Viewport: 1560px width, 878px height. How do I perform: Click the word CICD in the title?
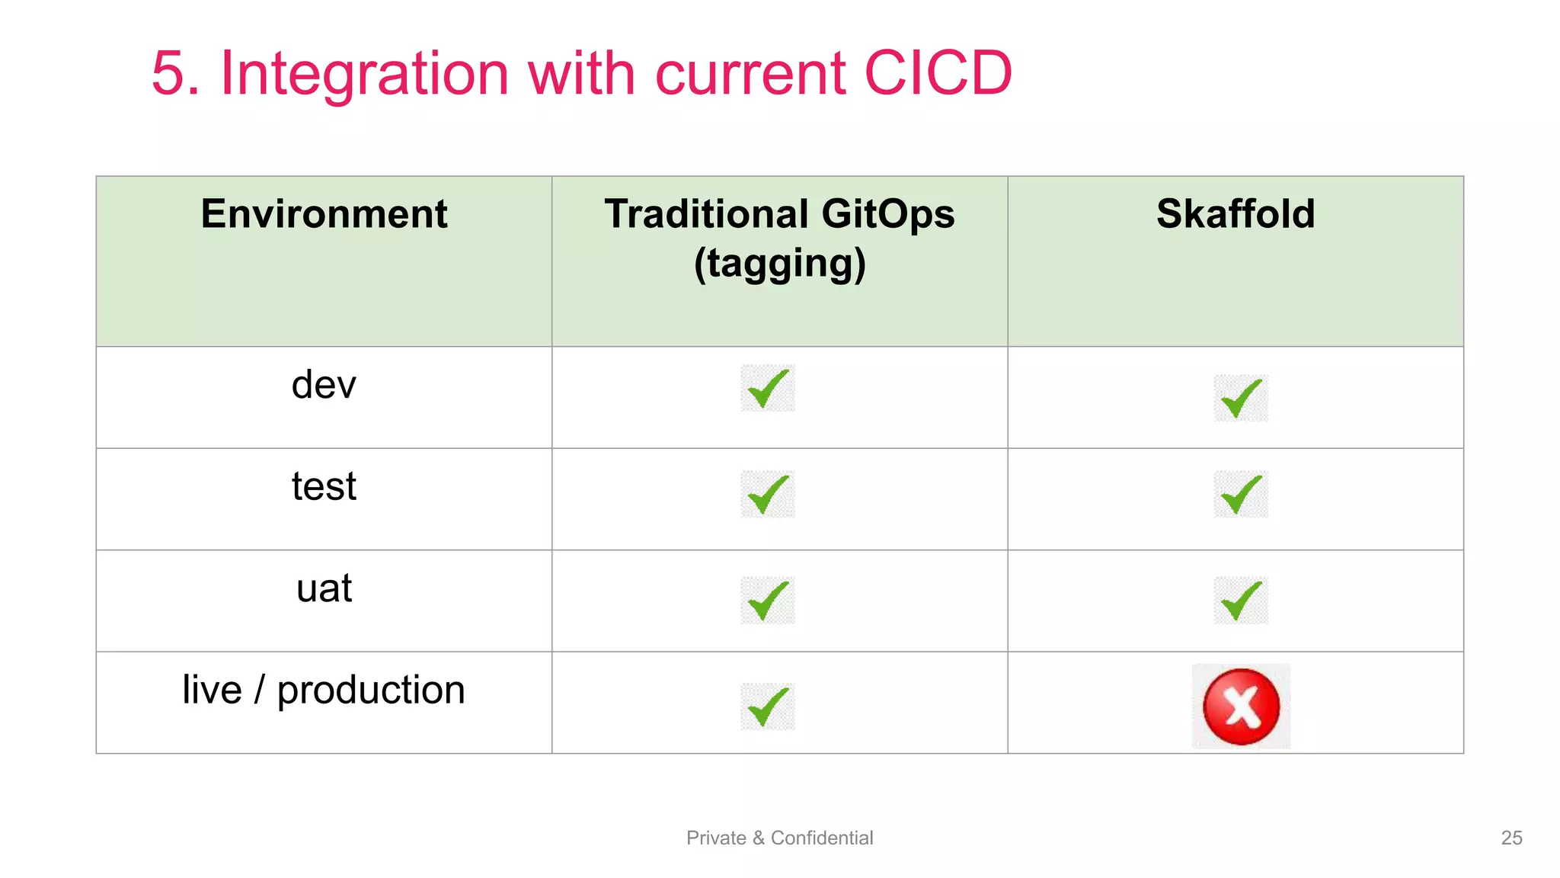(x=938, y=73)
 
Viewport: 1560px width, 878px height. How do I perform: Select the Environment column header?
(x=324, y=214)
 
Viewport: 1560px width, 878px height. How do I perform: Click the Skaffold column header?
(x=1236, y=214)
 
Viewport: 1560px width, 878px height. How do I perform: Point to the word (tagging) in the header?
(x=779, y=264)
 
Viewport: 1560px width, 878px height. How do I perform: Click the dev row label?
(x=324, y=385)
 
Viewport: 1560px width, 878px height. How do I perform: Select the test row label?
(x=324, y=486)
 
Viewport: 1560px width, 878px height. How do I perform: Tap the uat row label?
(x=324, y=588)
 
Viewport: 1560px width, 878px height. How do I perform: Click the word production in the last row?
(x=371, y=691)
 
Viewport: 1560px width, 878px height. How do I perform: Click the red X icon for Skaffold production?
(x=1241, y=707)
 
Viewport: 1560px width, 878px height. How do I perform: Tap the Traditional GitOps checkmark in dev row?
(x=768, y=388)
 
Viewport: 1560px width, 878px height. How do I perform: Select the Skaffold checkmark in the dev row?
(x=1241, y=399)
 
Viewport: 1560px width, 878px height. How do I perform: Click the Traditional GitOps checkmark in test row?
(x=768, y=494)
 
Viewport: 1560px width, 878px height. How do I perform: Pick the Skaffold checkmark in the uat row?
(x=1241, y=601)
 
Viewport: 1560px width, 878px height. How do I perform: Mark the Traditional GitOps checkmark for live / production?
(x=768, y=707)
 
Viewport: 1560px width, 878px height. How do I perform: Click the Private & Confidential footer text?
(x=779, y=838)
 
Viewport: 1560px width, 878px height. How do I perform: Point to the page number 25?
(x=1511, y=838)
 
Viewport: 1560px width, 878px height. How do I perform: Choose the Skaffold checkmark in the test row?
(x=1241, y=494)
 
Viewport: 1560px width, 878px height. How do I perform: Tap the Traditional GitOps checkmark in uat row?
(x=768, y=601)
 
